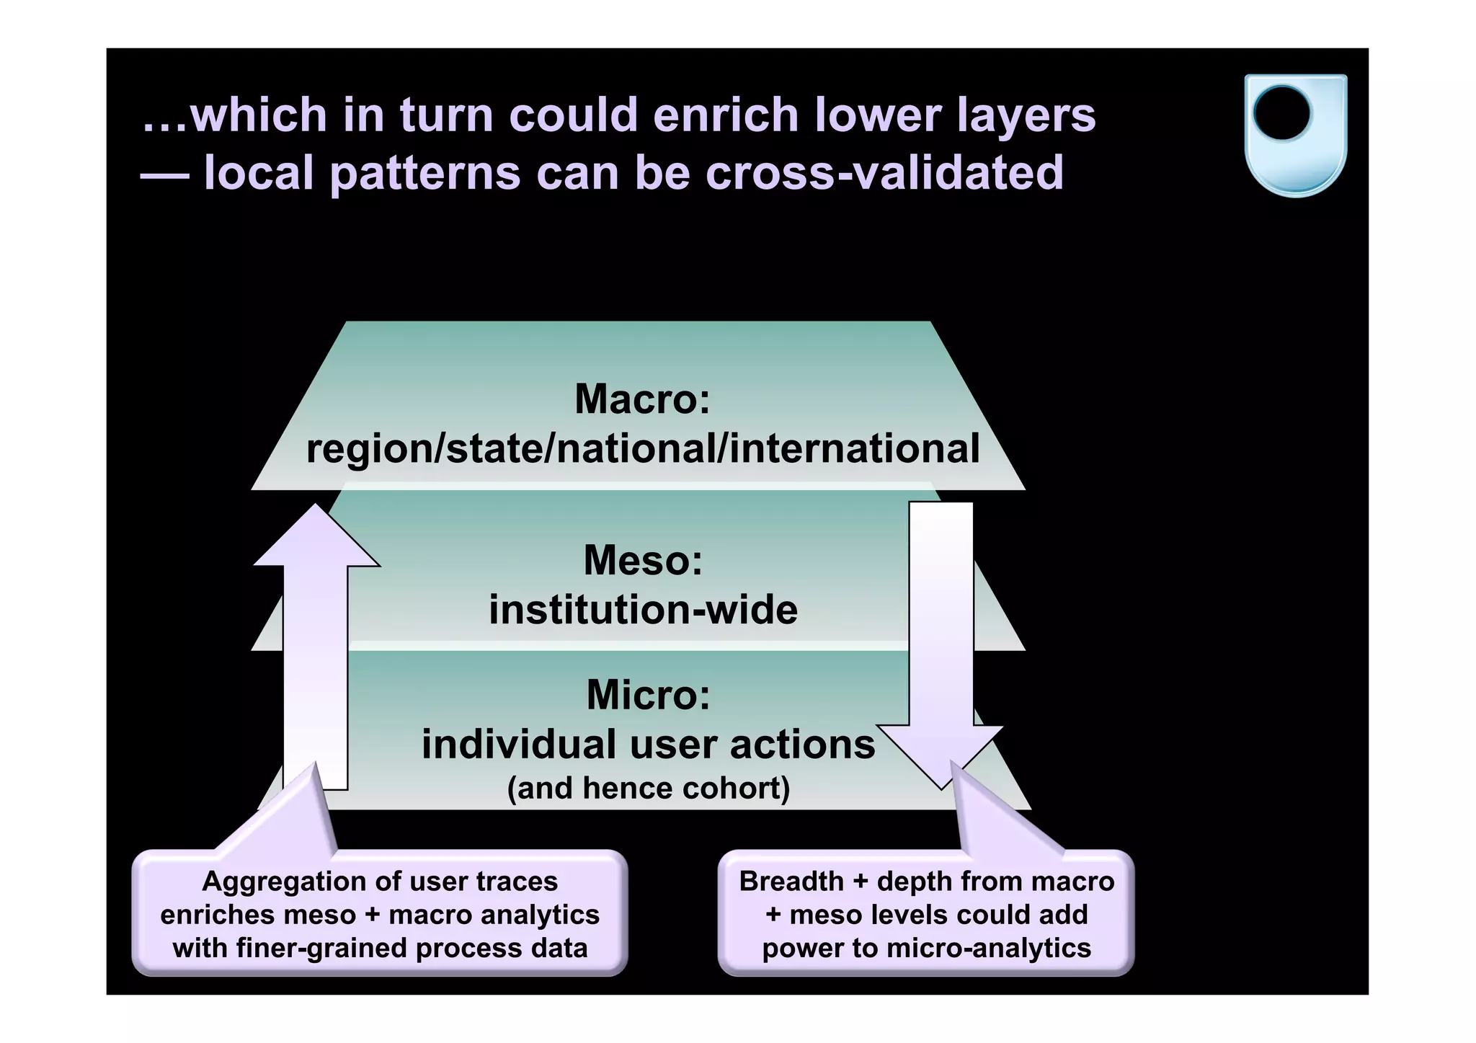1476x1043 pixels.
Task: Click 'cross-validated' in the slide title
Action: coord(884,173)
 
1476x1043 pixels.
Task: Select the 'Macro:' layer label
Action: coord(642,399)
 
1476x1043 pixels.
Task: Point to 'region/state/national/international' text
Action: coord(643,448)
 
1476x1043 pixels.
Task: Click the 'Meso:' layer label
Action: coord(643,560)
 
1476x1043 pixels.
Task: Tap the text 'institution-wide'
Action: coord(643,610)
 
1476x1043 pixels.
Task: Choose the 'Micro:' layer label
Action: coord(648,694)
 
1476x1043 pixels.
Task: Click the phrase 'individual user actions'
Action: coord(648,744)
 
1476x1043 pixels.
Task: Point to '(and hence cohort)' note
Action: coord(648,788)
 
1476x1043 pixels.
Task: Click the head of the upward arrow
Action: coord(316,537)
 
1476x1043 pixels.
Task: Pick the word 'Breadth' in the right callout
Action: coord(791,882)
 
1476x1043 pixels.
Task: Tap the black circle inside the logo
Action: coord(1281,114)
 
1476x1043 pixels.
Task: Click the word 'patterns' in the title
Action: coord(425,173)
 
